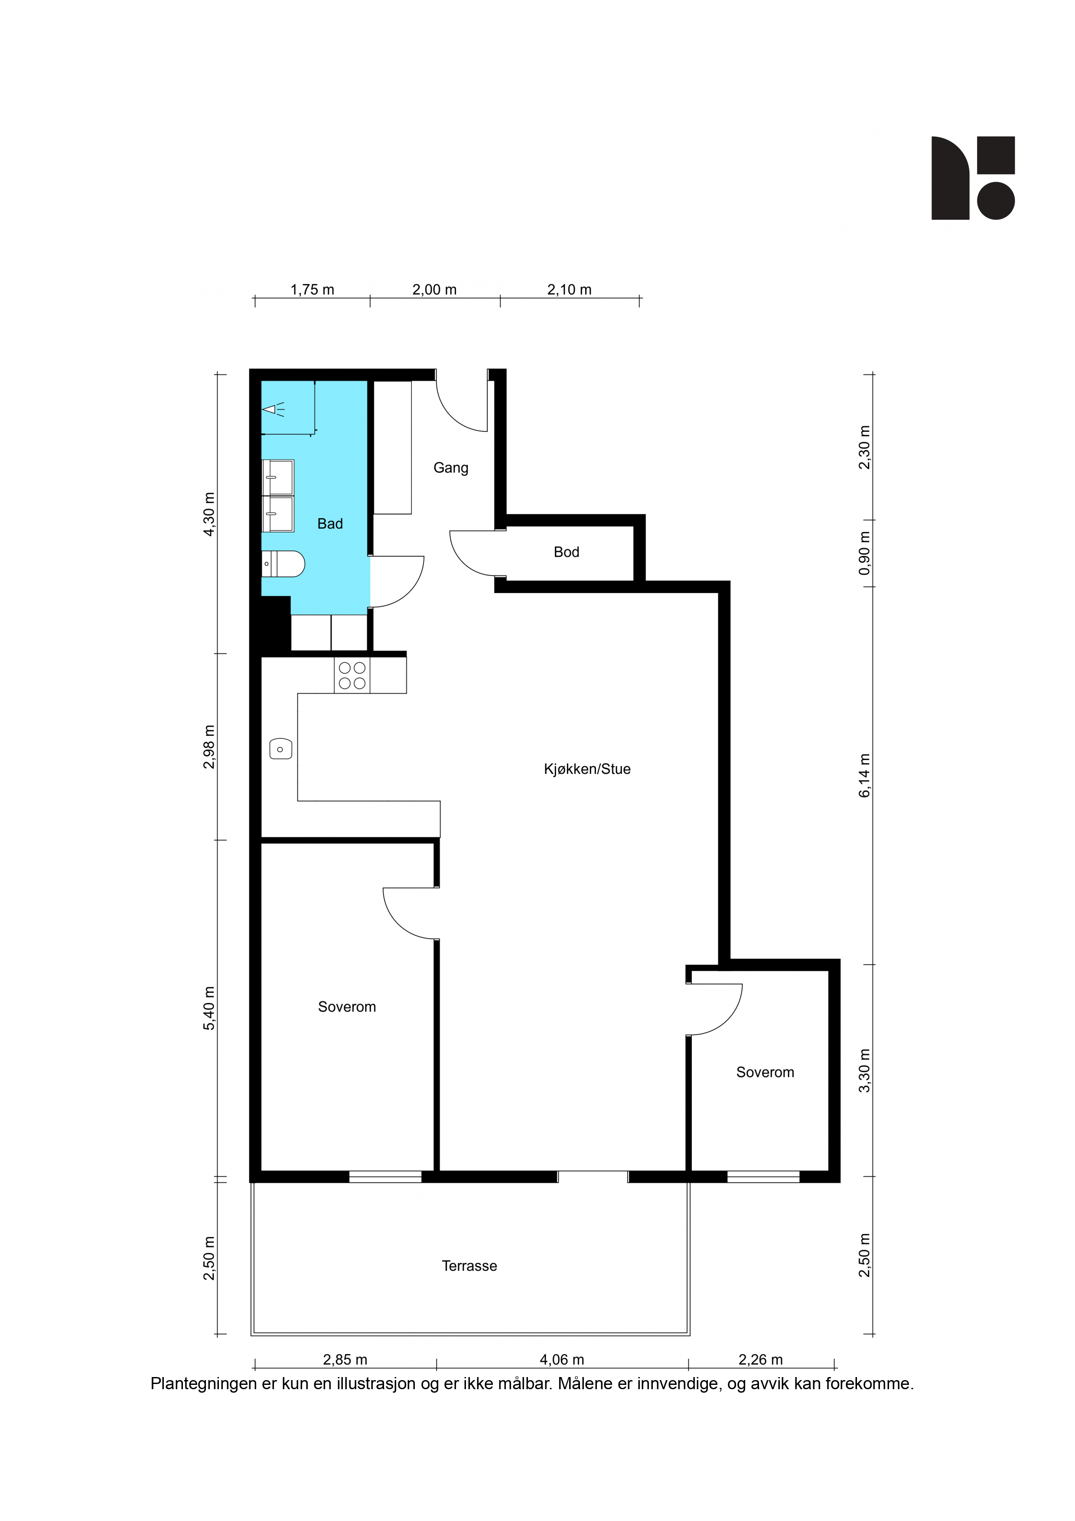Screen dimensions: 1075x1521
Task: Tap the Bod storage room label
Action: [x=566, y=552]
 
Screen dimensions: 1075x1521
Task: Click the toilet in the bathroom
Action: [x=283, y=564]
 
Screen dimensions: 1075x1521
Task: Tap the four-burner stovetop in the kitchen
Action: [x=352, y=676]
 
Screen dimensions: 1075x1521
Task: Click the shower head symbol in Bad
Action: [x=274, y=409]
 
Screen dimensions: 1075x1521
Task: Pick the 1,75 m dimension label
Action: [x=312, y=290]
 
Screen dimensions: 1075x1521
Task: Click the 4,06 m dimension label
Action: [x=562, y=1359]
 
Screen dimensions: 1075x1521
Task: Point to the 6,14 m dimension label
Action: [x=864, y=776]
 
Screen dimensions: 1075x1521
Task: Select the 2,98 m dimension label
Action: [x=209, y=747]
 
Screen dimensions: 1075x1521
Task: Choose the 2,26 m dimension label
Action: [x=760, y=1359]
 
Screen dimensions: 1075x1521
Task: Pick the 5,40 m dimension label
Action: [x=209, y=1008]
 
